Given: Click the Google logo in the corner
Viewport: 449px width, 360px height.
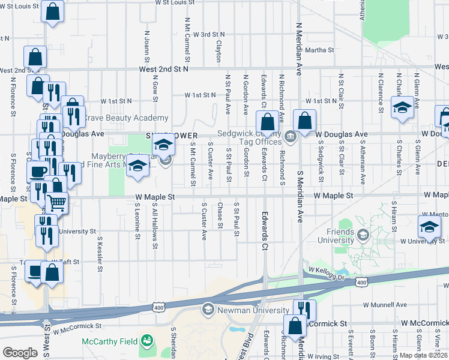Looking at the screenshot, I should click(20, 353).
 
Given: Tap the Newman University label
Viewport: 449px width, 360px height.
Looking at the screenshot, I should click(253, 310).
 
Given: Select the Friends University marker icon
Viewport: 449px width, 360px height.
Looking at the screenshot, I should click(362, 233).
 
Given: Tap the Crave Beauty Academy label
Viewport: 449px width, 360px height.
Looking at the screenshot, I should click(125, 118).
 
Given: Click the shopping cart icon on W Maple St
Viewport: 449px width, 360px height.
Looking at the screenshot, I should click(56, 203).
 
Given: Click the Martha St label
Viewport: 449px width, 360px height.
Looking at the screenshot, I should click(319, 50).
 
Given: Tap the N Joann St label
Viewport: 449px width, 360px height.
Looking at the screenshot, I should click(146, 46).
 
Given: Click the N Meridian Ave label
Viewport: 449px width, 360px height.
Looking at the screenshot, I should click(298, 42).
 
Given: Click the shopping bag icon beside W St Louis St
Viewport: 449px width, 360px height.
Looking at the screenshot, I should click(52, 11).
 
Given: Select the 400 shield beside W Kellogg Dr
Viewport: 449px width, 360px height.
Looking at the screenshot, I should click(361, 281).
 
